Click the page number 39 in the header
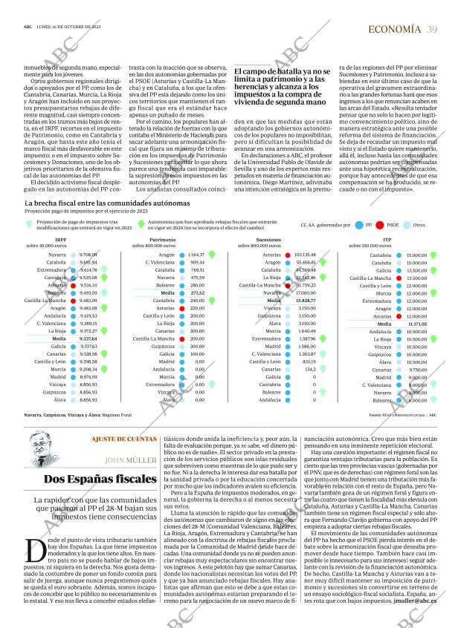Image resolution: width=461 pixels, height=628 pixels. point(432,30)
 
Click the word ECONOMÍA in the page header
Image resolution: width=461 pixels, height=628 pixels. point(393,30)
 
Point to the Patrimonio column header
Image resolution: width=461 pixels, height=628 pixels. point(163,241)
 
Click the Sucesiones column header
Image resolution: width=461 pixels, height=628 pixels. point(268,241)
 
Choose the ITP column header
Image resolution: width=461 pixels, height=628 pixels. point(387,241)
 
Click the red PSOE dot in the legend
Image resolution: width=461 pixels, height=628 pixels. point(380,224)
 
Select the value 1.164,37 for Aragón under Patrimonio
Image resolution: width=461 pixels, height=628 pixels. point(196,255)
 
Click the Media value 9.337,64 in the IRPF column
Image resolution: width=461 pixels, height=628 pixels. point(88,338)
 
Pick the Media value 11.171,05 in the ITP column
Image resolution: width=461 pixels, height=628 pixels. point(416,324)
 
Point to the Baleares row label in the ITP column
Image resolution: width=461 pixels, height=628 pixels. point(381,400)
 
